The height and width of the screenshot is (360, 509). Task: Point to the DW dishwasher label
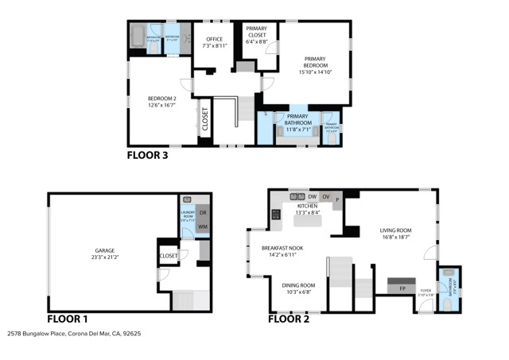pos(313,196)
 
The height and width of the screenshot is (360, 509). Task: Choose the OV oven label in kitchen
pos(326,196)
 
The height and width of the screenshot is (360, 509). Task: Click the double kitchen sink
pos(297,195)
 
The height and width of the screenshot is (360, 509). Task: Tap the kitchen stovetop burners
pos(276,214)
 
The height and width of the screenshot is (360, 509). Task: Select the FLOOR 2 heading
pos(288,319)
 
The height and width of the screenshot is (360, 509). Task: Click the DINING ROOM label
pos(298,288)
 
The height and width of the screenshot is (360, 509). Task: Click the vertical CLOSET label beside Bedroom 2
pos(204,119)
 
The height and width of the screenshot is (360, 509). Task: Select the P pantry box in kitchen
pos(337,199)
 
